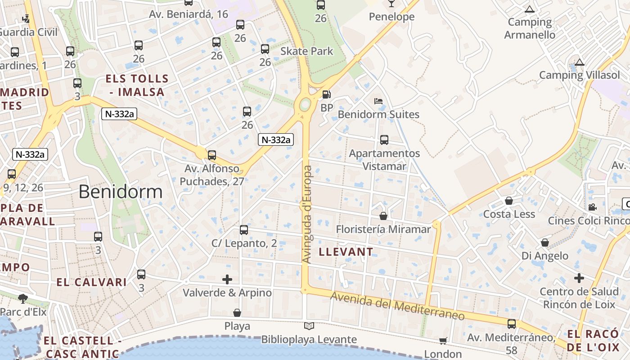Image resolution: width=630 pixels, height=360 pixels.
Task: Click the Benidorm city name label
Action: (121, 192)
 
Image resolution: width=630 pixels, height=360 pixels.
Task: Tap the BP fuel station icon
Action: (327, 94)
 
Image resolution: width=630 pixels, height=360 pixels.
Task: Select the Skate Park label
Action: (307, 51)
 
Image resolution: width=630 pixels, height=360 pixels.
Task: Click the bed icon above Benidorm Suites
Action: (378, 101)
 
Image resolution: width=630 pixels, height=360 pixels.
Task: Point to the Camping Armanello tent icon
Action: (530, 9)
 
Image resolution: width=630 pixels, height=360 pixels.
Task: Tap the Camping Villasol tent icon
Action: (580, 62)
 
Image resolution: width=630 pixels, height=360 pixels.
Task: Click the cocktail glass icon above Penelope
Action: (391, 4)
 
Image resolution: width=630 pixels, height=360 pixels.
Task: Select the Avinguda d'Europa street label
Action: (307, 215)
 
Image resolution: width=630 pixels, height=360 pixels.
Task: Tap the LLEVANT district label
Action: (346, 252)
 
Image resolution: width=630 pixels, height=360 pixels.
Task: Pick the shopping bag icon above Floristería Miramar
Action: (383, 216)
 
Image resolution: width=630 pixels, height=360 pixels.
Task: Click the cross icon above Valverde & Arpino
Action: (227, 279)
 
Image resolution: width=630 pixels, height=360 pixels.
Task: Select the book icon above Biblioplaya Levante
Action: (309, 326)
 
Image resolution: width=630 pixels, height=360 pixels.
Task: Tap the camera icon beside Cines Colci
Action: (592, 207)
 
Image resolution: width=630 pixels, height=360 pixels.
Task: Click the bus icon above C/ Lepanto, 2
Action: (244, 230)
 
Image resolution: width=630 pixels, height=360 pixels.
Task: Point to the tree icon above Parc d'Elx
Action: (22, 298)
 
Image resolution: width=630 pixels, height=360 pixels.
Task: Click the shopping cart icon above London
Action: (443, 341)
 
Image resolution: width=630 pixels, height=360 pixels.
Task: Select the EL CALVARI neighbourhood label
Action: (92, 283)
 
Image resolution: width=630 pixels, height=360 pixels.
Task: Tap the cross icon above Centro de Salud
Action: (579, 278)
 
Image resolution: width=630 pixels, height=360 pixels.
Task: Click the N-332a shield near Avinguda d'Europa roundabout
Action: (276, 140)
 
